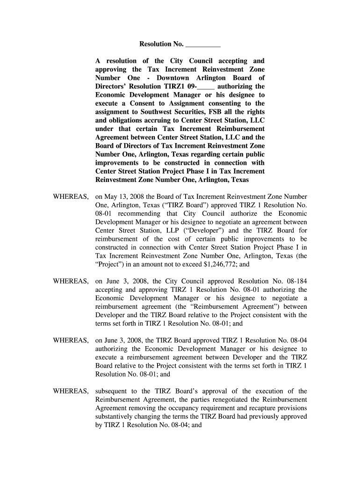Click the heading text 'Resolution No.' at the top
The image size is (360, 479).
161,44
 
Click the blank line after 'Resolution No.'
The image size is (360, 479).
203,45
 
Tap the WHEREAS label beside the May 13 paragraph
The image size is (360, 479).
70,197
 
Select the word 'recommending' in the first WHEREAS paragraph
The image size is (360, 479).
130,214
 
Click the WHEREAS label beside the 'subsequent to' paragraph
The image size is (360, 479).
70,391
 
